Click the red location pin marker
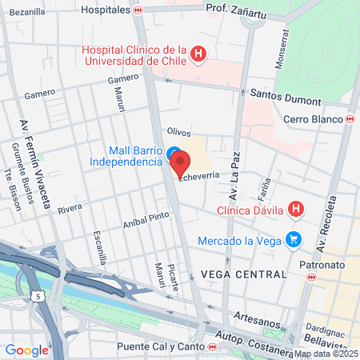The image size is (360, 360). [x=180, y=162]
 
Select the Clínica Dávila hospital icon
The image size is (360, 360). [x=296, y=210]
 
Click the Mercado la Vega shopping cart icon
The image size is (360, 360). [x=294, y=238]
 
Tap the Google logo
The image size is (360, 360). [x=26, y=350]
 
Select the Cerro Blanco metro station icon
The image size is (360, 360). [x=350, y=119]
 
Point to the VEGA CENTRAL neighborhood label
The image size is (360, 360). [x=244, y=274]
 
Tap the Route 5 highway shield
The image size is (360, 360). [x=38, y=296]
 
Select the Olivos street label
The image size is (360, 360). [x=179, y=130]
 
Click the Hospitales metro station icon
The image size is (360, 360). [x=138, y=10]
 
